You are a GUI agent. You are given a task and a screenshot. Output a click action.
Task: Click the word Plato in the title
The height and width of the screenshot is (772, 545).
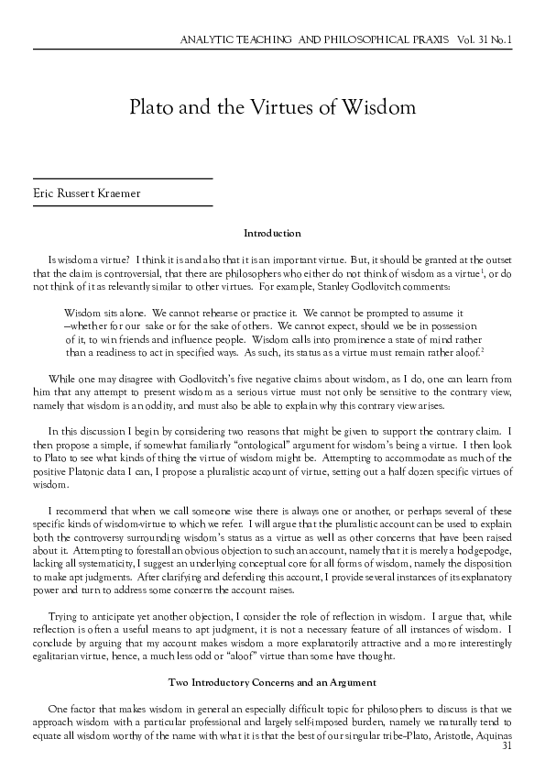(x=152, y=107)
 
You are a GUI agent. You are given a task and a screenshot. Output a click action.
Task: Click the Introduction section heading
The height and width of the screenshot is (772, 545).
(x=272, y=234)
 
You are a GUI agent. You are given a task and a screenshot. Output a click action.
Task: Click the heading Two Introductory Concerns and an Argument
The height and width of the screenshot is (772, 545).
(x=272, y=683)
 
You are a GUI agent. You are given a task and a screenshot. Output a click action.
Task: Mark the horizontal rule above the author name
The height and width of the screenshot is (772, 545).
(x=122, y=176)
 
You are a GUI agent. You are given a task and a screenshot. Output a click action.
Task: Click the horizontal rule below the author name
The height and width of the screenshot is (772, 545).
(x=122, y=206)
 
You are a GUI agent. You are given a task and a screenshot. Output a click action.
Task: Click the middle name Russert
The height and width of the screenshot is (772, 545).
(x=76, y=192)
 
